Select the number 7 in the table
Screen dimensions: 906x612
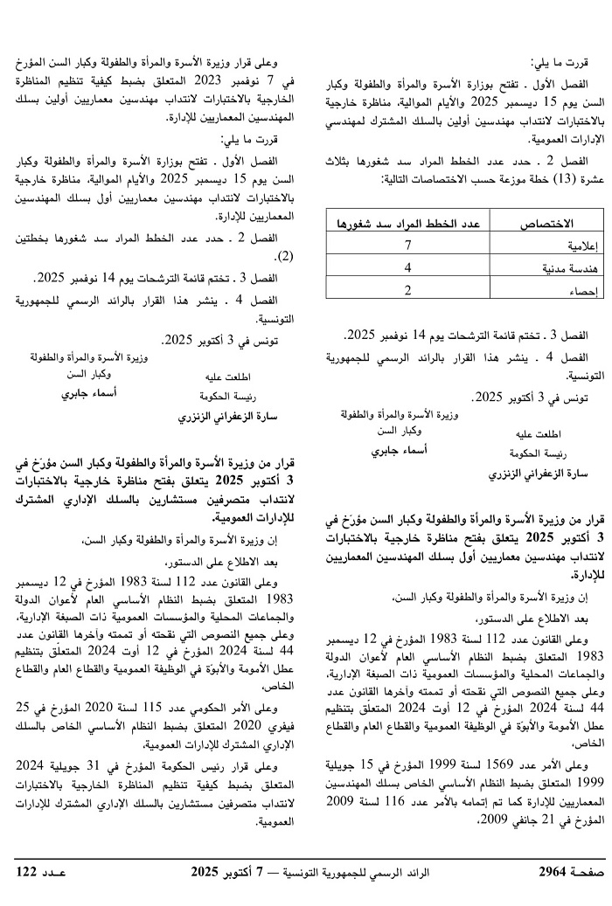pos(407,268)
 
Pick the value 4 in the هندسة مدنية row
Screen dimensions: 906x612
pos(407,289)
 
